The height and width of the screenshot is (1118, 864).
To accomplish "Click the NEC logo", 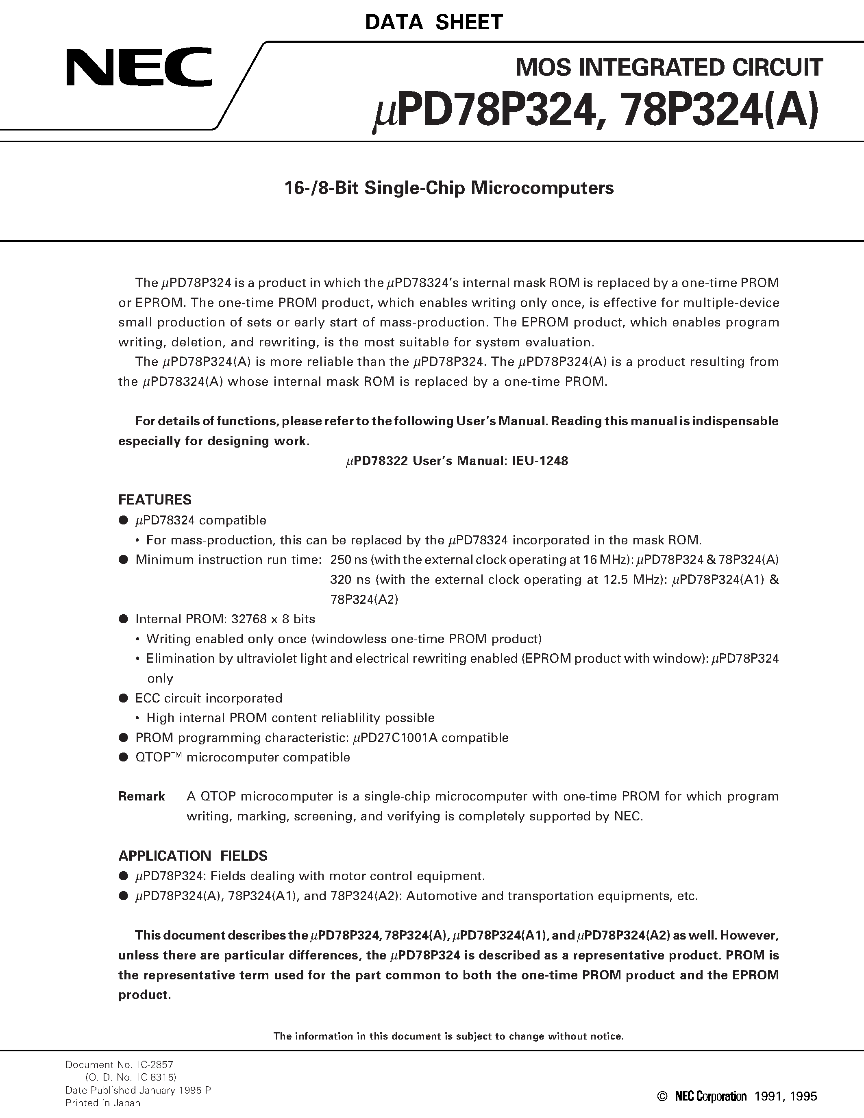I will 138,67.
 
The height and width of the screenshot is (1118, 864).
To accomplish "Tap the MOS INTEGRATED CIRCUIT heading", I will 669,67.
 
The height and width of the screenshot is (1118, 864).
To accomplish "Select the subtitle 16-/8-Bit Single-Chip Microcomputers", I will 448,188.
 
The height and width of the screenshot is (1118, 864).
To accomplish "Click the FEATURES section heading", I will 155,500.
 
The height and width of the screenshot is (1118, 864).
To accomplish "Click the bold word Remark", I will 141,796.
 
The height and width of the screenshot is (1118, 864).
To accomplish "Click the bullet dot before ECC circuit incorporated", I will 123,698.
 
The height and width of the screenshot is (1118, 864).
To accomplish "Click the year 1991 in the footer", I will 768,1096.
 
